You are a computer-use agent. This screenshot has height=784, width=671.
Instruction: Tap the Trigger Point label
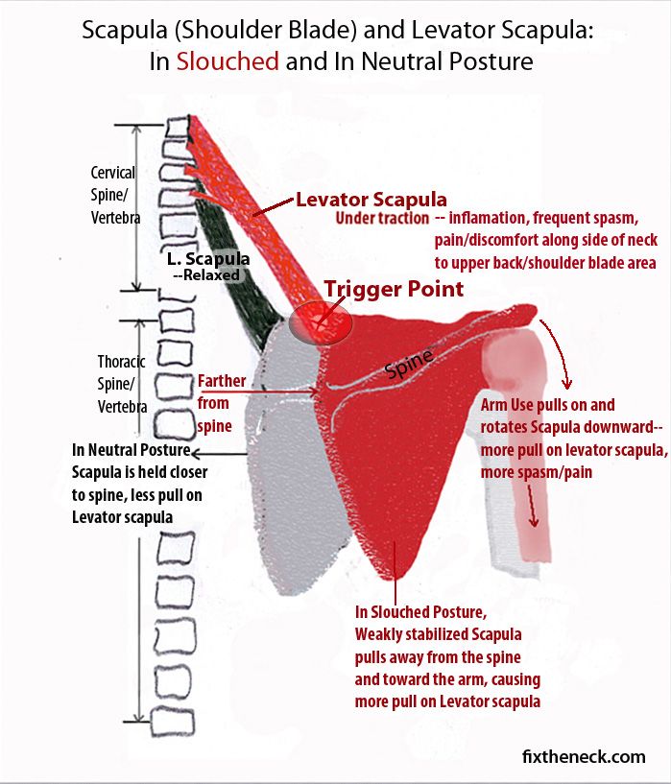394,289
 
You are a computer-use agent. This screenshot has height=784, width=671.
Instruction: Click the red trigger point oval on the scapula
321,323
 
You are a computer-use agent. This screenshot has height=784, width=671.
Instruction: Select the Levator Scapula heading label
371,201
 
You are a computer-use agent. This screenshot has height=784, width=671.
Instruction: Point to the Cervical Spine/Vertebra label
115,195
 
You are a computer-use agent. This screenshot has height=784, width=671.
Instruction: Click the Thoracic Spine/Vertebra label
122,384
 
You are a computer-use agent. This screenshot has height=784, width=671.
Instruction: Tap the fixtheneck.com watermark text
584,757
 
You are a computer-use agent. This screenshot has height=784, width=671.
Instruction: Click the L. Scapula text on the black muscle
208,259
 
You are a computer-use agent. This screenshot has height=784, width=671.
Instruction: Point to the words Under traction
381,219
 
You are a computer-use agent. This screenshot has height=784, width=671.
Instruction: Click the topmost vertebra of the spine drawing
179,126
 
